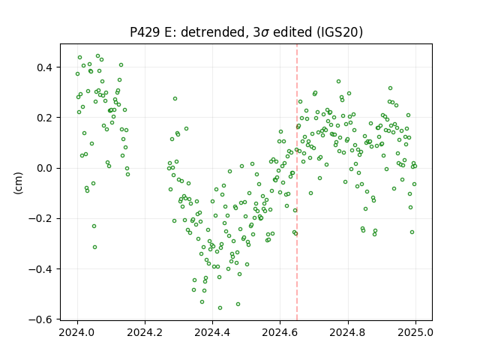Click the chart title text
(246, 32)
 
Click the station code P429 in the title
(145, 32)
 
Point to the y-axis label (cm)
(18, 183)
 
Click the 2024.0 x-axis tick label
(77, 332)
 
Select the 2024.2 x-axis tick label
(145, 332)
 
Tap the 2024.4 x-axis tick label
(212, 332)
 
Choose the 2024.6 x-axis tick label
(280, 332)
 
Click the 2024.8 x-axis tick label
(348, 332)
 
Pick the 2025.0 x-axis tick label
(415, 332)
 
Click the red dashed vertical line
(297, 182)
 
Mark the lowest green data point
(220, 308)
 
